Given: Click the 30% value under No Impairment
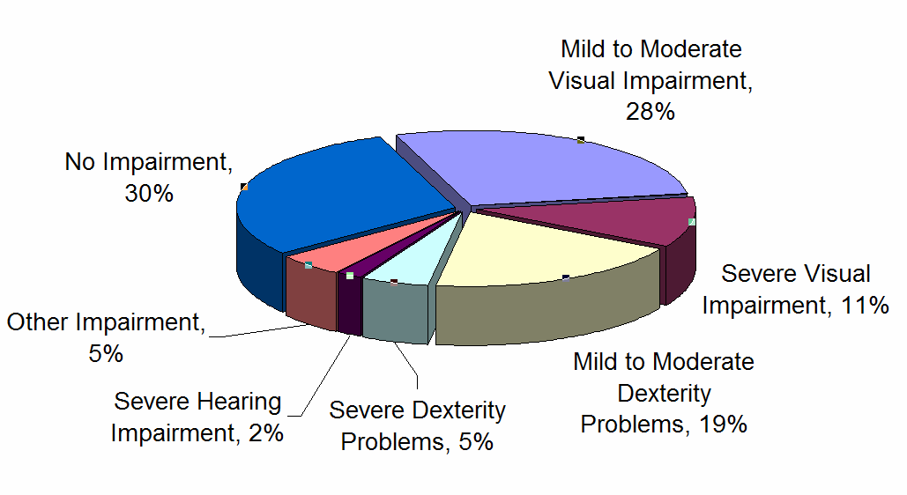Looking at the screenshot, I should [x=149, y=194].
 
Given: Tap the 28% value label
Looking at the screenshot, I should [x=651, y=112].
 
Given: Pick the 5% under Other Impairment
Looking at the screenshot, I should [x=105, y=354].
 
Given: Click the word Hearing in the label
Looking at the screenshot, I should [x=239, y=403].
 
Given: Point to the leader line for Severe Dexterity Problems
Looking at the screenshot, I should [x=407, y=365].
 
